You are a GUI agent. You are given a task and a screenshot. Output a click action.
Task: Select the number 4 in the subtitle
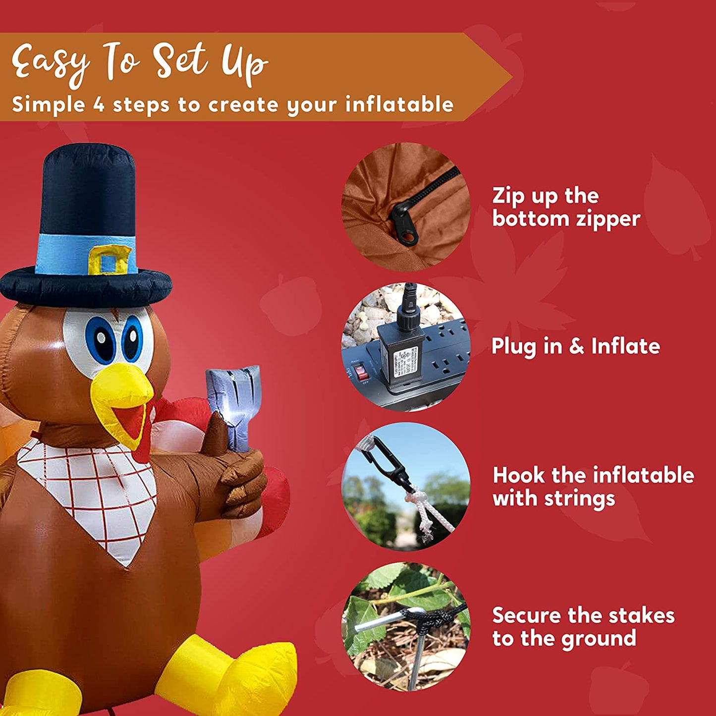tap(99, 105)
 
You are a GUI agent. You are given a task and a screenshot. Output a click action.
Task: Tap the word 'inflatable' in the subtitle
tap(399, 104)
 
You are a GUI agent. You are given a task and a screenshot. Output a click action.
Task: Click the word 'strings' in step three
tap(580, 499)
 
